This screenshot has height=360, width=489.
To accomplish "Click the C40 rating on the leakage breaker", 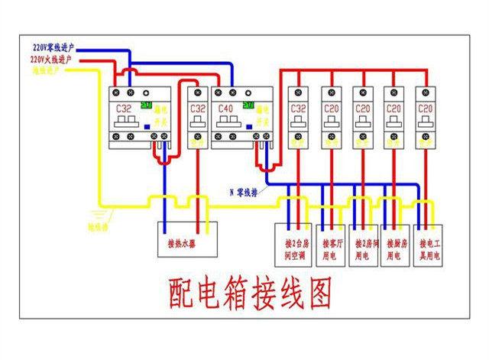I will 225,109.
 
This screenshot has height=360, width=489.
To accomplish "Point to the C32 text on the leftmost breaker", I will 124,109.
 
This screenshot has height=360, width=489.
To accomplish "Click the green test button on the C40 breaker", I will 247,99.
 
